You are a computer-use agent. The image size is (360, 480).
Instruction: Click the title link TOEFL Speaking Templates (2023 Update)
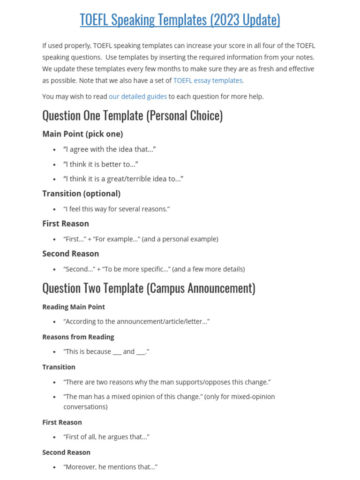[x=180, y=20]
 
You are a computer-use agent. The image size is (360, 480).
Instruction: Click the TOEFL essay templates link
[x=209, y=80]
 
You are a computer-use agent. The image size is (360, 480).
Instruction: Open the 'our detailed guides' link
[x=138, y=97]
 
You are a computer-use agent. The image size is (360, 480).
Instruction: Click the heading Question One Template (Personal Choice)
[x=132, y=115]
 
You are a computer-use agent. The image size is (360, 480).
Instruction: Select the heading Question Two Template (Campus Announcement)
[x=149, y=288]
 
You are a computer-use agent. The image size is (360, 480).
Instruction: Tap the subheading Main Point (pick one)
[x=82, y=134]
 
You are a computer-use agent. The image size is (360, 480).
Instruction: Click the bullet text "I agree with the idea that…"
[x=109, y=149]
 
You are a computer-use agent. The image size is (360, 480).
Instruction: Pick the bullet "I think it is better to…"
[x=101, y=164]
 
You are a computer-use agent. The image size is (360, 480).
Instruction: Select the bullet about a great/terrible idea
[x=123, y=179]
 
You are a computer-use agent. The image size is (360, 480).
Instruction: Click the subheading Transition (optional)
[x=81, y=194]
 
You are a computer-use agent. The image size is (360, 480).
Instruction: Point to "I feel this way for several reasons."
[x=116, y=209]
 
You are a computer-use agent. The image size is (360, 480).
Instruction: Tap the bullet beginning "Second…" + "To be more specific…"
[x=154, y=269]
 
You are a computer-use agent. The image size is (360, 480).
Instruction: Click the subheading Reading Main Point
[x=74, y=307]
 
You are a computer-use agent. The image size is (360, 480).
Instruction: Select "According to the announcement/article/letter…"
[x=136, y=322]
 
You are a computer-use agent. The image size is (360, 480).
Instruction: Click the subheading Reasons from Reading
[x=78, y=337]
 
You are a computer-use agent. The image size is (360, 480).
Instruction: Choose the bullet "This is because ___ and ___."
[x=106, y=352]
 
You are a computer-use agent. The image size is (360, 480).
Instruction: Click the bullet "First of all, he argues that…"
[x=106, y=437]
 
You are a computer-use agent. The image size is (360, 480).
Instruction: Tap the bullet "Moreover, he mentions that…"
[x=110, y=467]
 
